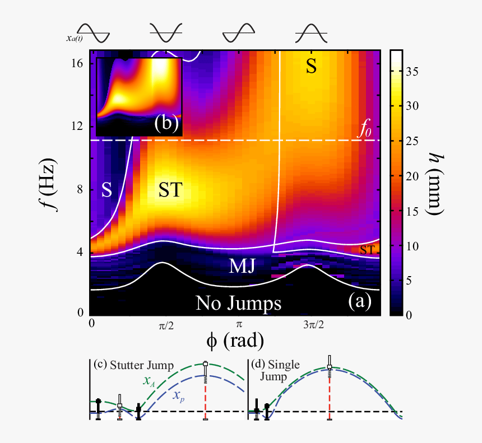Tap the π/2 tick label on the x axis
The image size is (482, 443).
[163, 325]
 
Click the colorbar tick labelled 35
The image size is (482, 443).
[414, 70]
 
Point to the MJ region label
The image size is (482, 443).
[243, 267]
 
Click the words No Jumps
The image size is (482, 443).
[238, 303]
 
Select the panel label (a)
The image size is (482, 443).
[359, 302]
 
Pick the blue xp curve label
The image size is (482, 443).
[178, 395]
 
